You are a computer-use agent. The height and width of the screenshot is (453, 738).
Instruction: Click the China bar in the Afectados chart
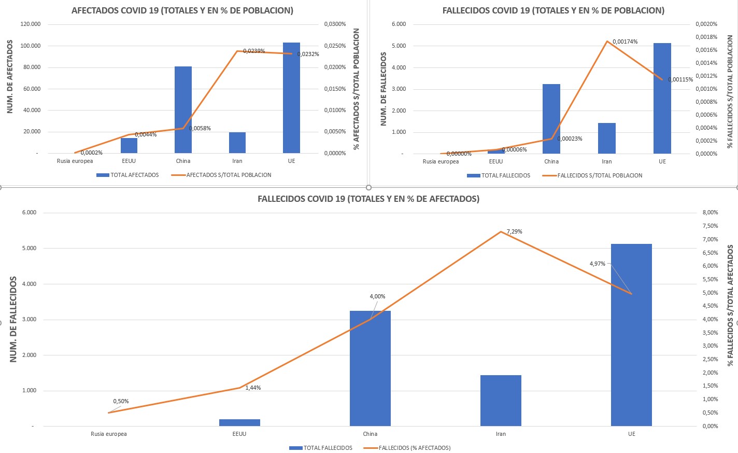click(183, 109)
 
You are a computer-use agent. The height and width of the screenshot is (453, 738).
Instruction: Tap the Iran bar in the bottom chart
click(501, 400)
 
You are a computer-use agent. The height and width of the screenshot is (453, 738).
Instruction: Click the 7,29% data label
click(514, 232)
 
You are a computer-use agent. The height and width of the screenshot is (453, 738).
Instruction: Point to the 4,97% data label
click(597, 264)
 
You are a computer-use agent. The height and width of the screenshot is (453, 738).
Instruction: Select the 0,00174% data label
click(625, 42)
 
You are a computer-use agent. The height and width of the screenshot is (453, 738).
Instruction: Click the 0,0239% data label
click(254, 51)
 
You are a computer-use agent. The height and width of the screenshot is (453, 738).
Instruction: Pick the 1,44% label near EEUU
click(253, 388)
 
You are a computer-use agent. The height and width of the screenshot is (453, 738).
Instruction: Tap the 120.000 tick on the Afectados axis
click(31, 24)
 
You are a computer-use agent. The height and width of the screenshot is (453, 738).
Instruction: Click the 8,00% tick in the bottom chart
click(710, 213)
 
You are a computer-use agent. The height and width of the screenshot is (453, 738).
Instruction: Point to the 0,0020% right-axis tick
click(706, 24)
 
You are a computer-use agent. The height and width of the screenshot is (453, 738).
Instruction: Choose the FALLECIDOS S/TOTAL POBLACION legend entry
click(599, 175)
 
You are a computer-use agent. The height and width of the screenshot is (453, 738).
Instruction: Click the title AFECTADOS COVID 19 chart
click(182, 10)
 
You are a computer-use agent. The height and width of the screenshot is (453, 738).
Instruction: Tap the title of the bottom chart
click(368, 199)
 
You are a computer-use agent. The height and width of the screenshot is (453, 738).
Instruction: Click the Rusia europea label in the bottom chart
click(109, 434)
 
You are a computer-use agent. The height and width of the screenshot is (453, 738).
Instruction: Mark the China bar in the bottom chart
click(370, 368)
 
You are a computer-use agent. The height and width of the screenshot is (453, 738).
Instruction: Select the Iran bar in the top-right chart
click(607, 138)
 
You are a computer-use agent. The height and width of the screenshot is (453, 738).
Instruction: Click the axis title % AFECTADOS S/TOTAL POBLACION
click(357, 89)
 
